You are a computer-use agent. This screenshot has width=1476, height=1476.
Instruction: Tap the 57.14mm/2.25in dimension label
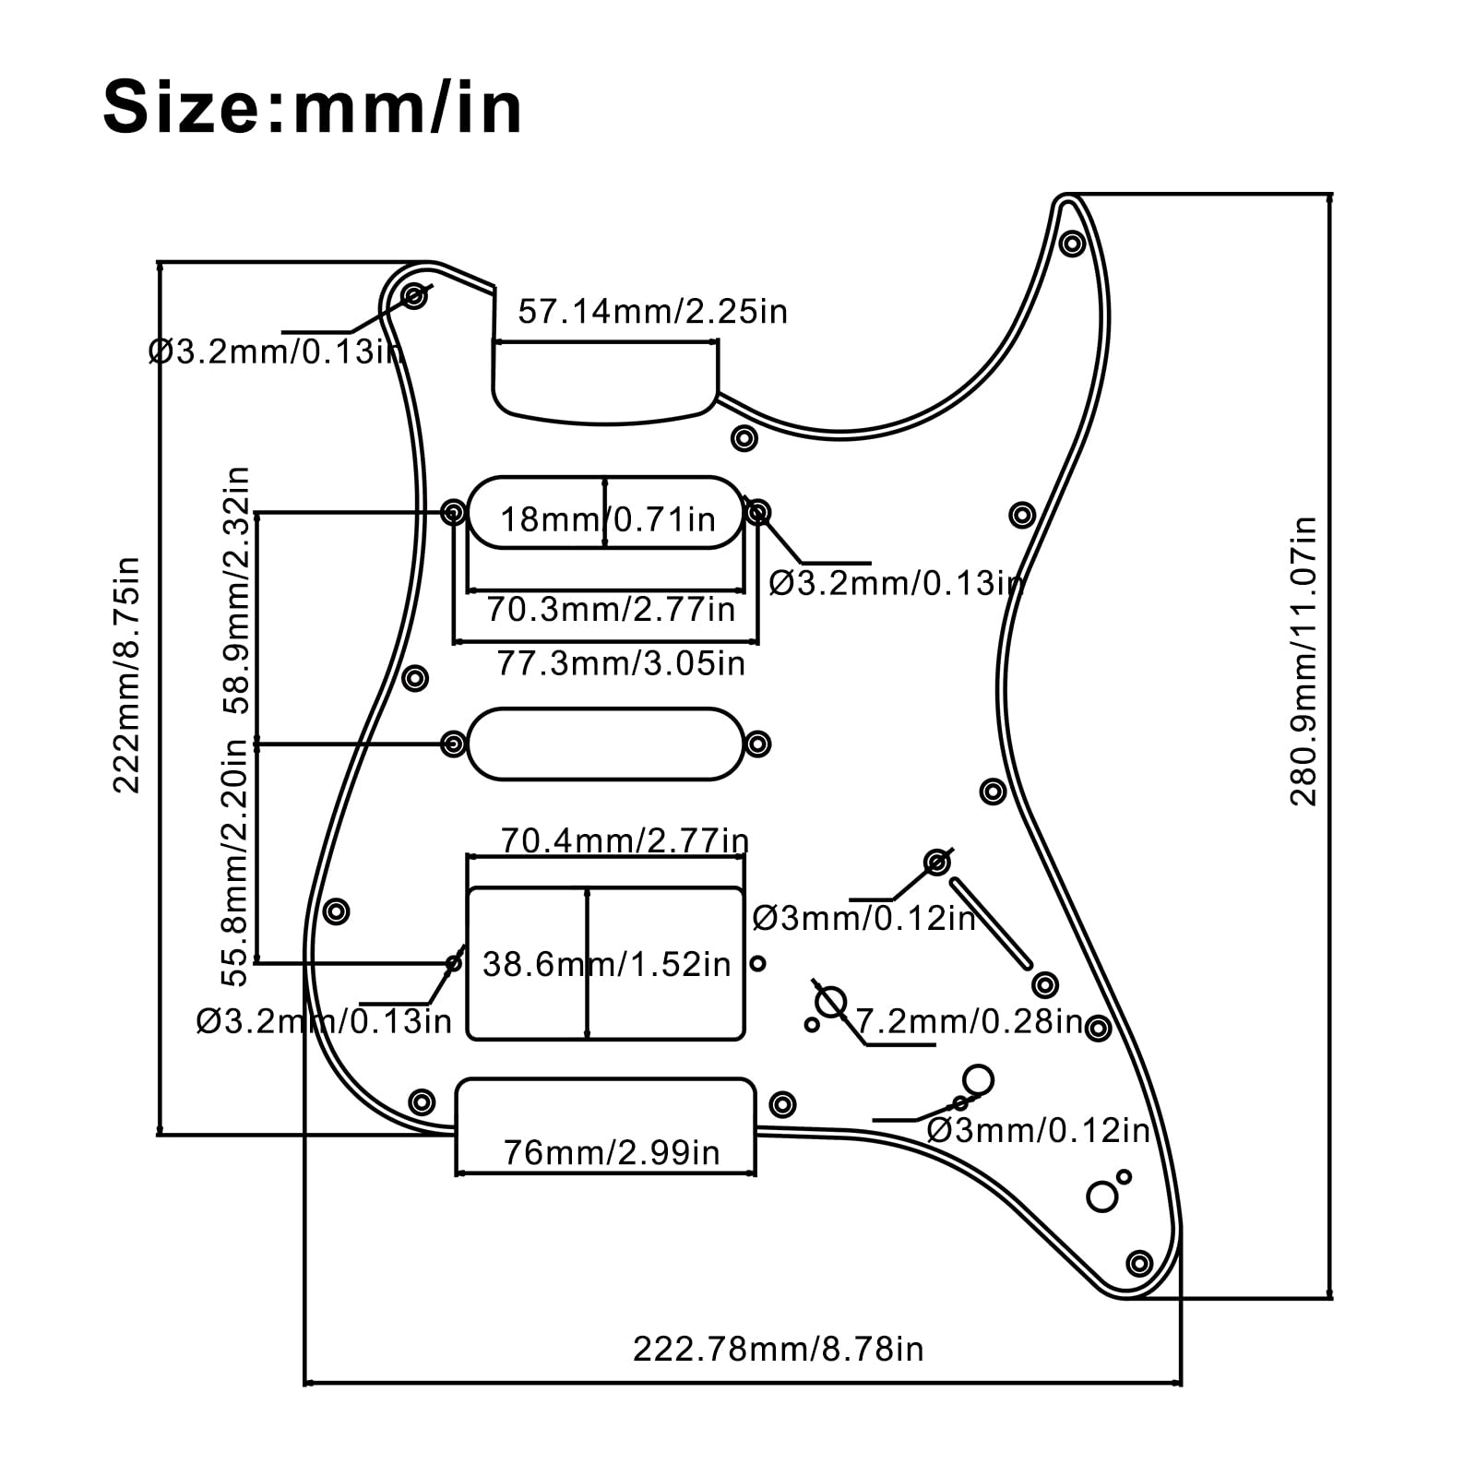click(652, 312)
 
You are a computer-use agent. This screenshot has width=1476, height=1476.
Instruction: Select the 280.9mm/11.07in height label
click(1303, 661)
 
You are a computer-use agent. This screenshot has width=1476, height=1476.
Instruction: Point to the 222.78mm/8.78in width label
click(778, 1349)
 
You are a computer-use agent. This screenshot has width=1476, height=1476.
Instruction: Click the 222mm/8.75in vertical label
click(126, 674)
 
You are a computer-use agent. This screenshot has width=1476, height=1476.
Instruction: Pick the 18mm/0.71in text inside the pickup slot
click(607, 519)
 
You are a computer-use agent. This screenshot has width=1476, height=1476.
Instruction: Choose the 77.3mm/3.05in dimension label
click(621, 663)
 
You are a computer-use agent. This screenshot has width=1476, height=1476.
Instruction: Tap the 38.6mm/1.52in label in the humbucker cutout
click(606, 965)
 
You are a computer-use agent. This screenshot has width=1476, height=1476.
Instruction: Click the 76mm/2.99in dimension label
click(611, 1152)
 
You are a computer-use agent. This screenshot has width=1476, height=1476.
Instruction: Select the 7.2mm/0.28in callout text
click(969, 1022)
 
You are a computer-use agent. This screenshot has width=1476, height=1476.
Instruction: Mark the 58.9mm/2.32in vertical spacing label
click(237, 590)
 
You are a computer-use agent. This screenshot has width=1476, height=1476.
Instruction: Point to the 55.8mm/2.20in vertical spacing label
click(237, 863)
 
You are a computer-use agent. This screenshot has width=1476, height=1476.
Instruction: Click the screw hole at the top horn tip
click(1071, 244)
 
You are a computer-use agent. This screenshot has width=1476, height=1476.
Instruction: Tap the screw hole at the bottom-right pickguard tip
click(1140, 1263)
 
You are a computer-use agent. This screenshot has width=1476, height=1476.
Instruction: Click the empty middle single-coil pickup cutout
click(606, 744)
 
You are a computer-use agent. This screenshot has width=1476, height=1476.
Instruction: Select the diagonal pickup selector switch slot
click(990, 923)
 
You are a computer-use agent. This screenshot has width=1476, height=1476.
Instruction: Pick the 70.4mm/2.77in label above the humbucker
click(625, 840)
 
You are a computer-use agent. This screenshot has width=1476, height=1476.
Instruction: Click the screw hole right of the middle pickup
click(757, 744)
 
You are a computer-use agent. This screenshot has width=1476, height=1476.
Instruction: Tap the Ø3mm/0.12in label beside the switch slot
click(863, 919)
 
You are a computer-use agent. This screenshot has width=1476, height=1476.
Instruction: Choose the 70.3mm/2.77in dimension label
click(611, 610)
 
